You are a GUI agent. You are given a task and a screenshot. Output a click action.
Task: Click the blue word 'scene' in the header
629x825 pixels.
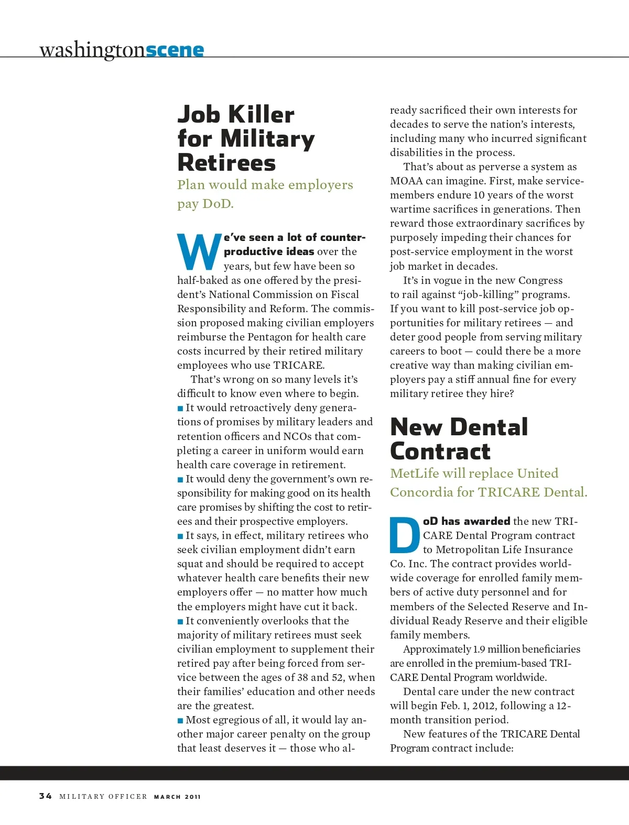click(175, 50)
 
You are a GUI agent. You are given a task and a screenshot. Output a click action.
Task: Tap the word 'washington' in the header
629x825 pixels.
click(92, 50)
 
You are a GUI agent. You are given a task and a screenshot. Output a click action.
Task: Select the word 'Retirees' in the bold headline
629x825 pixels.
click(226, 162)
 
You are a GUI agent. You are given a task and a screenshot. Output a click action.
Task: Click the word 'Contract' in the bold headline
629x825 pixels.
click(440, 451)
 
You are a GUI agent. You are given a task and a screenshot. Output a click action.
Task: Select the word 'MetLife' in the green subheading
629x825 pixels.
click(415, 473)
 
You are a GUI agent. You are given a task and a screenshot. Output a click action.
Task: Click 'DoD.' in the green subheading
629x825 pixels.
click(218, 204)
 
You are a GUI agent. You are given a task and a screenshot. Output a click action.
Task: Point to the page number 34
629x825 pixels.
click(46, 796)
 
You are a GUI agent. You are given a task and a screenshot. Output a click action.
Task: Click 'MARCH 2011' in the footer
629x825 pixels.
click(177, 797)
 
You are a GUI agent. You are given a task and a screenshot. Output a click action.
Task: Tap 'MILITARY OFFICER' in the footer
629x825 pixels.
click(103, 797)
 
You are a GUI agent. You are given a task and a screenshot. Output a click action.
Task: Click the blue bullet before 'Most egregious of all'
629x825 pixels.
click(180, 721)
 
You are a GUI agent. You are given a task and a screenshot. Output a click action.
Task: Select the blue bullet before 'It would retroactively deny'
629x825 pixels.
click(180, 409)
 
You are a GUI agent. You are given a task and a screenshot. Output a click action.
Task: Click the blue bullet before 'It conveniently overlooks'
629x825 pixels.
click(180, 622)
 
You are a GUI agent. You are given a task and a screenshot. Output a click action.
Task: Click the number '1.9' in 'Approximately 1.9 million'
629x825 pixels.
click(479, 650)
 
